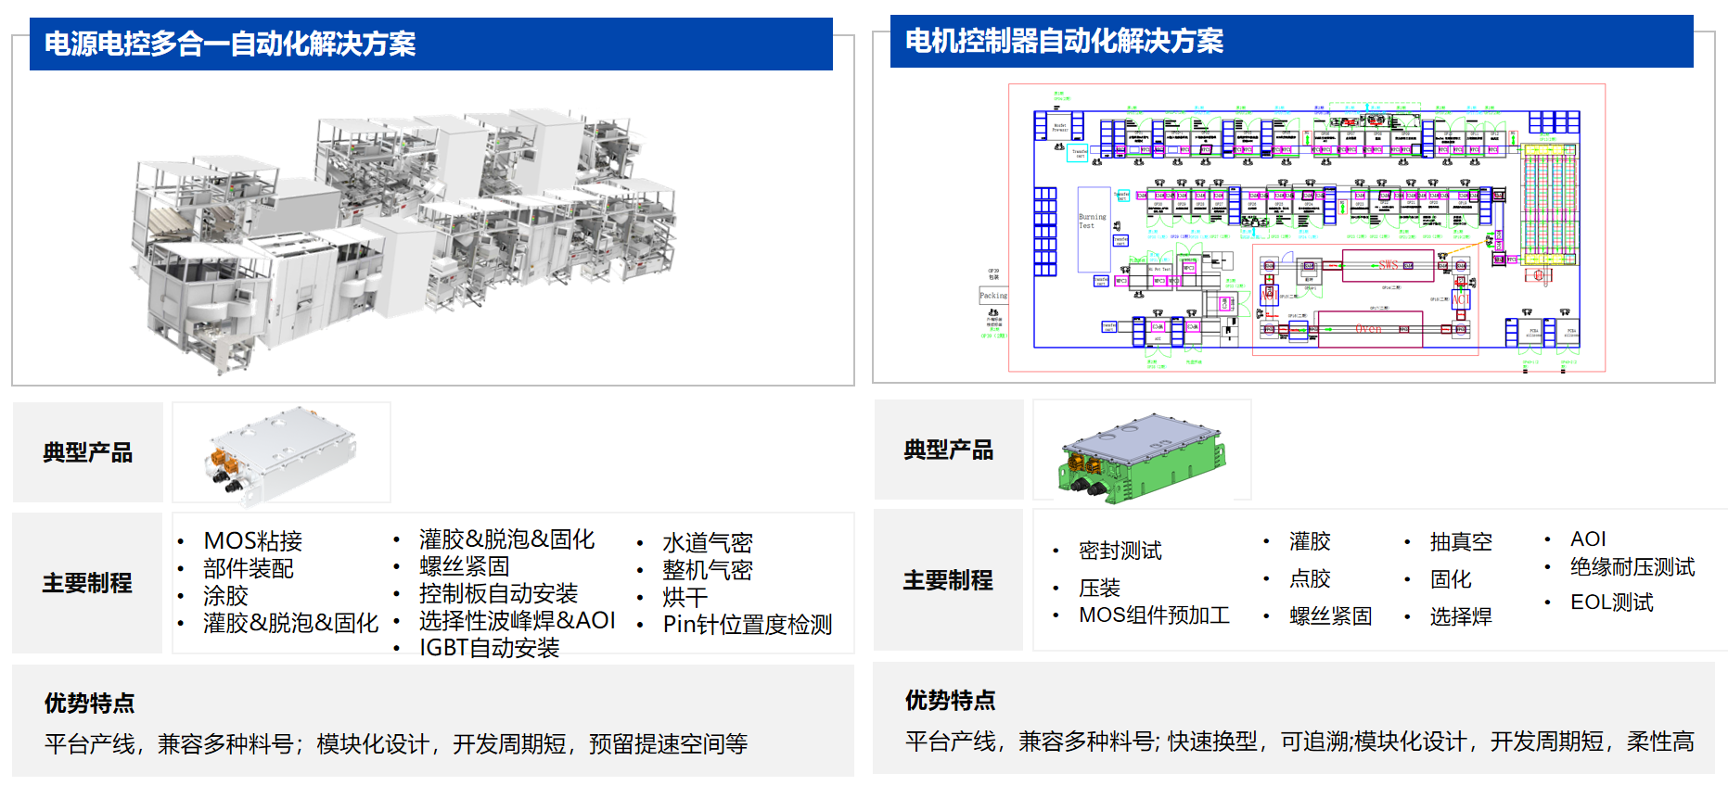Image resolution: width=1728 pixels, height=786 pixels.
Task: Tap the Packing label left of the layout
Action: [992, 296]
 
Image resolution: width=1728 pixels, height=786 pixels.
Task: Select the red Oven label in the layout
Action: [1368, 329]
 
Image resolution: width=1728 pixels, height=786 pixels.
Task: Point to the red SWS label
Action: [1389, 265]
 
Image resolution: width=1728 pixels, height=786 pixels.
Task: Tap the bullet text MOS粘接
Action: [252, 541]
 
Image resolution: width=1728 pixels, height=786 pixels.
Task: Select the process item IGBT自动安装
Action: [489, 648]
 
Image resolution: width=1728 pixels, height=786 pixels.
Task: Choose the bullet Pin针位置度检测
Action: [747, 625]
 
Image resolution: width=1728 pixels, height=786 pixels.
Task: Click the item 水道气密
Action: [707, 543]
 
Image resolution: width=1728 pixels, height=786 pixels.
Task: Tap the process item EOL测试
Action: [1611, 602]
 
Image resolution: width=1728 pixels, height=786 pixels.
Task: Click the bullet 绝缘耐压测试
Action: [1632, 567]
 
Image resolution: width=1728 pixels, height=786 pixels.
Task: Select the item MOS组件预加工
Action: [1154, 615]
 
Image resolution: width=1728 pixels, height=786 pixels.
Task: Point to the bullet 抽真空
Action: [1461, 542]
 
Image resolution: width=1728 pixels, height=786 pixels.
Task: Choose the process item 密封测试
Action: [1120, 551]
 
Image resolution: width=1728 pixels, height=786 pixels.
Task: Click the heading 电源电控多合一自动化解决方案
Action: [230, 44]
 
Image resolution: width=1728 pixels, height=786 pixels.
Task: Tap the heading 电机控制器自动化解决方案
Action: [1064, 42]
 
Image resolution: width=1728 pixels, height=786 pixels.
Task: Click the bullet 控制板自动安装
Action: [498, 594]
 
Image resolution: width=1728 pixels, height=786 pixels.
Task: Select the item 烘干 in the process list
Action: [685, 598]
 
